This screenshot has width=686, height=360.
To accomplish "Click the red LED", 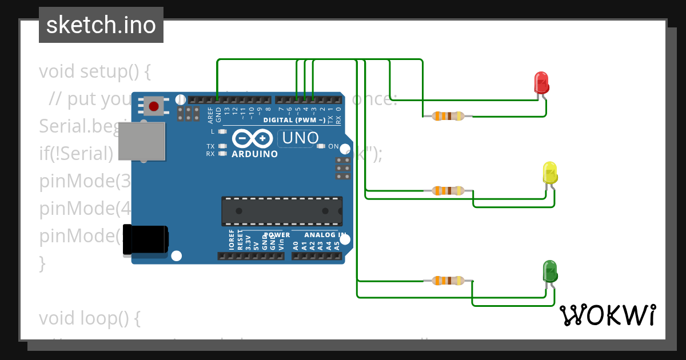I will [541, 83].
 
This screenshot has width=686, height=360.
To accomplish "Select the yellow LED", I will [549, 173].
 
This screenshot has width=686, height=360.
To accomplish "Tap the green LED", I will [549, 271].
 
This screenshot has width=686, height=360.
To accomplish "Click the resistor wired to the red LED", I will [448, 116].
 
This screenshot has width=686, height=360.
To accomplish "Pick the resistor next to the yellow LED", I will [448, 190].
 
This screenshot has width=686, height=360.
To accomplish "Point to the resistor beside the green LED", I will [448, 281].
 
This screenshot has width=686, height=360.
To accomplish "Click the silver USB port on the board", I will [142, 140].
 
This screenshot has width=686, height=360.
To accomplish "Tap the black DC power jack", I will [145, 239].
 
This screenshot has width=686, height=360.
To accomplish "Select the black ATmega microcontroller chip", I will [282, 211].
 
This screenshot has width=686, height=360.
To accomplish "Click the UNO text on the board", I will [300, 138].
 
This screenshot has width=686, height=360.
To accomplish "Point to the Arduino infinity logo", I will [252, 138].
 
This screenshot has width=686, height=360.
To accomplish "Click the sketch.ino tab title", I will [101, 25].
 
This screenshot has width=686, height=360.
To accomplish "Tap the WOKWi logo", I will [607, 315].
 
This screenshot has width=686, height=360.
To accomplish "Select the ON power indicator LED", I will [320, 146].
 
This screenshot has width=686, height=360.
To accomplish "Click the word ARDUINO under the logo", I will [254, 154].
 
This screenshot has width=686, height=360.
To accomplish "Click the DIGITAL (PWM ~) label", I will [294, 120].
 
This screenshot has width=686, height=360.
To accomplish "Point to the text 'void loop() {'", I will [89, 318].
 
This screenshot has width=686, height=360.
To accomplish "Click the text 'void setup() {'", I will [94, 71].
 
